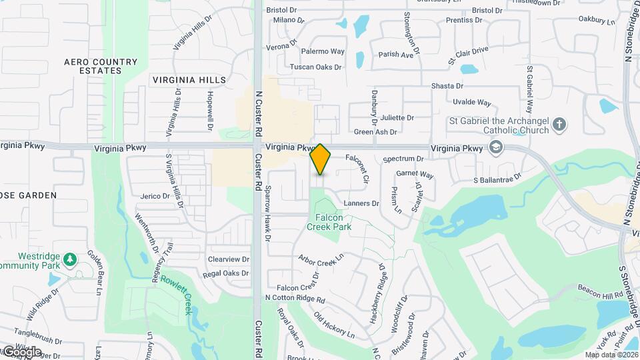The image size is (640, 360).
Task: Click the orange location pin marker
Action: pos(320,159)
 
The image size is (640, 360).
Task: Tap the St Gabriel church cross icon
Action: pos(559,123)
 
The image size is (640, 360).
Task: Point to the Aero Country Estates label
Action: pos(101,66)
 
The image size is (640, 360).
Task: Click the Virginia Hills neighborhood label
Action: pos(189,80)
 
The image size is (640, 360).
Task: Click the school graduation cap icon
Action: pos(495,147)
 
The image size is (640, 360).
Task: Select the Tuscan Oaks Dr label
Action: pos(315,67)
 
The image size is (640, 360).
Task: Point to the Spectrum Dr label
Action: pos(403,159)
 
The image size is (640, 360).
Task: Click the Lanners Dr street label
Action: pos(361,203)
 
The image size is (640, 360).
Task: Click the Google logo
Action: pos(21,351)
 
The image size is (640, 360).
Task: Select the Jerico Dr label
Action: pos(155,196)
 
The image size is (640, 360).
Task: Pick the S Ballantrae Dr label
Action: pos(497,180)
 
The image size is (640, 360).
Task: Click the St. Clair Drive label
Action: pos(467,51)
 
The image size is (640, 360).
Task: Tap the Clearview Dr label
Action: pos(228,259)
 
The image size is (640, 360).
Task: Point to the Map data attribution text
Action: pos(611,355)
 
